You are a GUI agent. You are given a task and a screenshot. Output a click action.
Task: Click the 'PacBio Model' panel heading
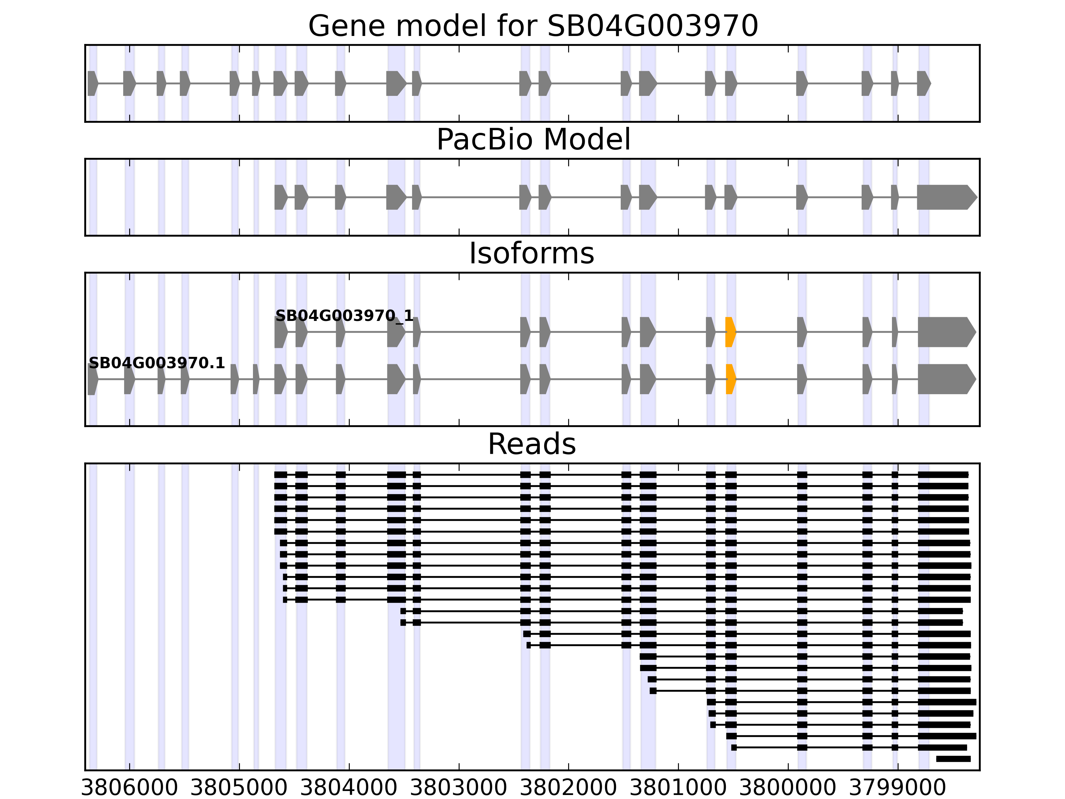[533, 140]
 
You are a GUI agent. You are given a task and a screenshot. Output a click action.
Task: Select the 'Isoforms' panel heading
[532, 254]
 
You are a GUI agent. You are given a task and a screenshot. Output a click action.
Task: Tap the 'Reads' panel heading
[532, 444]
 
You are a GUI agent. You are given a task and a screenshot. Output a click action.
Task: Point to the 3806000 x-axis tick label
[129, 788]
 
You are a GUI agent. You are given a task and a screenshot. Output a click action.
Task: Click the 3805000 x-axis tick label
[239, 788]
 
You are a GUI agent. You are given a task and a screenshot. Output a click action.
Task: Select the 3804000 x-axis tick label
[349, 788]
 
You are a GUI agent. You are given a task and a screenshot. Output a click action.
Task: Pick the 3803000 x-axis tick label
[459, 788]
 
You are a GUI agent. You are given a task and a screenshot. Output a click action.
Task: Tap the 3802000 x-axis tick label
[568, 788]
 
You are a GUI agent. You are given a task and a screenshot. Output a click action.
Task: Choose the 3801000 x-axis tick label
[678, 788]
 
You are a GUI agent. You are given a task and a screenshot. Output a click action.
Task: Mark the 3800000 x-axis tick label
[788, 788]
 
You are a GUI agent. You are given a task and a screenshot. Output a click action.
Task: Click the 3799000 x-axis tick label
[898, 788]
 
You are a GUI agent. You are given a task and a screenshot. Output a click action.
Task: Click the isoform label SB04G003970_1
[344, 316]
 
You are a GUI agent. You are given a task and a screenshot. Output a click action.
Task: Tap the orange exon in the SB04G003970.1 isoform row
[731, 379]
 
